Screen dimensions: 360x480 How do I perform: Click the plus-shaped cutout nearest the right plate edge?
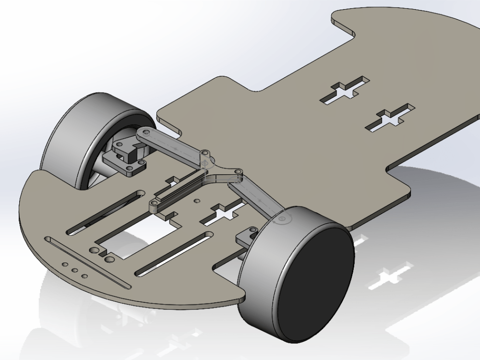pos(390,118)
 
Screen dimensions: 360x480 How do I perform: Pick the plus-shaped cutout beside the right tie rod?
pos(222,214)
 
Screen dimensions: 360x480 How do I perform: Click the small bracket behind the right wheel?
pos(246,238)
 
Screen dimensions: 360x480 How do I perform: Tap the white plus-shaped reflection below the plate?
pos(389,278)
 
